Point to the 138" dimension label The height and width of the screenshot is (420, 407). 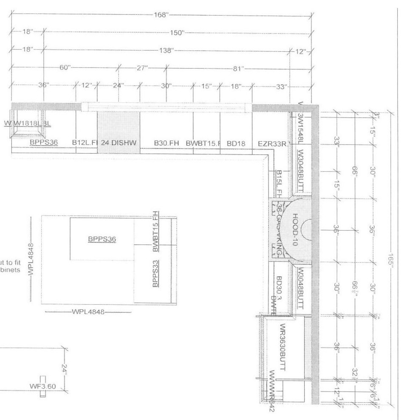166,50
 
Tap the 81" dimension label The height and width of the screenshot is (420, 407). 238,68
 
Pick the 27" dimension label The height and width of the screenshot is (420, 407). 142,68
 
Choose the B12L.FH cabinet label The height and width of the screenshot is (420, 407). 85,143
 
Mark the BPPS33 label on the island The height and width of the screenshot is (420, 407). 155,274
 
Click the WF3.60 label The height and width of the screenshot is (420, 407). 43,386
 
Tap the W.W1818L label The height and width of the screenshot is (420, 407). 27,123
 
